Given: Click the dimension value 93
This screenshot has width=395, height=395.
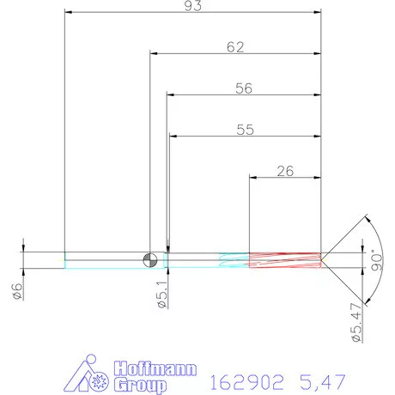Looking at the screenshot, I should pos(192,6).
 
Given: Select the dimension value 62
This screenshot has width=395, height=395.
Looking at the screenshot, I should pos(235,47).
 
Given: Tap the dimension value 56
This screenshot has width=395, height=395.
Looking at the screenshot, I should pos(244,88).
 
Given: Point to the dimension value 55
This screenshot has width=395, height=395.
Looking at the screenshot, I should pos(244,130).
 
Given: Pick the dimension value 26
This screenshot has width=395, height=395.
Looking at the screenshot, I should pos(286,171).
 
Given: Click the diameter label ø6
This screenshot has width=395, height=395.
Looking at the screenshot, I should pos(16,289).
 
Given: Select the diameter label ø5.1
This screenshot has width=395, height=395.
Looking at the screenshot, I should pos(161,296).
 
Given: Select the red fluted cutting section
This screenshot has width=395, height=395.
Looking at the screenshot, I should pos(284,259).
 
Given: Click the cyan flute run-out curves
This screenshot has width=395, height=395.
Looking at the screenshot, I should pos(233,259).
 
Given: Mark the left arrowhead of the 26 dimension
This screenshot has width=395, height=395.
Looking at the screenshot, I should pos(253,178).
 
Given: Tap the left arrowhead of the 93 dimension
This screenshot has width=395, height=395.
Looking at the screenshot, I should pos(70,13).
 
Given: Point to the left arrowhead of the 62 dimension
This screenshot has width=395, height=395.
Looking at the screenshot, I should pos(155,54).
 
